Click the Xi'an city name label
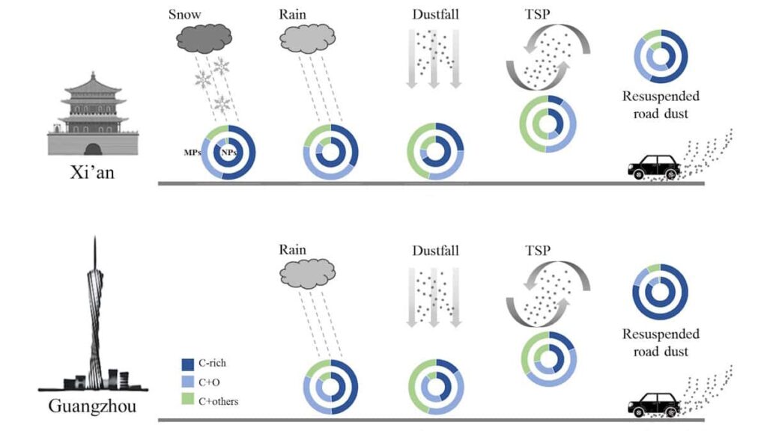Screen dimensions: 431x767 93,171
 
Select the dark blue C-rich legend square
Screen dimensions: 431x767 189,364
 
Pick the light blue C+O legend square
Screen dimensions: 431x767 189,382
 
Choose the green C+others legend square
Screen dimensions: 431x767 189,401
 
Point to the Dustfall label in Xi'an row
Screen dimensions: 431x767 434,15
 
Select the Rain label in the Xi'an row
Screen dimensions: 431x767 294,15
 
